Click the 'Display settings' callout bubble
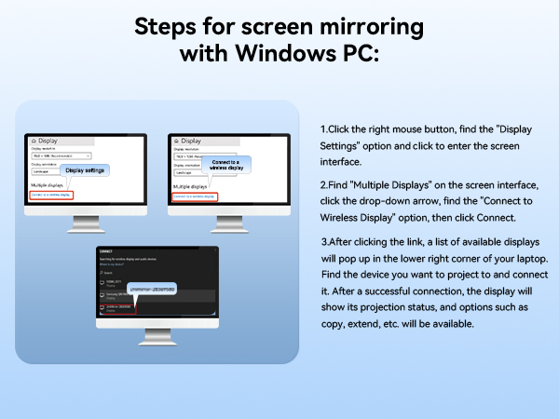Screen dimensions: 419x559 (x=85, y=170)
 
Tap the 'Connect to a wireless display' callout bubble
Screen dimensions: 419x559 (x=226, y=165)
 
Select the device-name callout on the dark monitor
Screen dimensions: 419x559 (x=156, y=289)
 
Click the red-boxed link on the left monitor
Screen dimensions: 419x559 (x=52, y=196)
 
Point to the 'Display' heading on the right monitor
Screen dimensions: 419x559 (x=187, y=141)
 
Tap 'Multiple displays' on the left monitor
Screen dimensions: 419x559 (x=52, y=186)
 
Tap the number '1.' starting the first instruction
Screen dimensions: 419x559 (x=323, y=128)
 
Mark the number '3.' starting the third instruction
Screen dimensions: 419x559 (x=323, y=243)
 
